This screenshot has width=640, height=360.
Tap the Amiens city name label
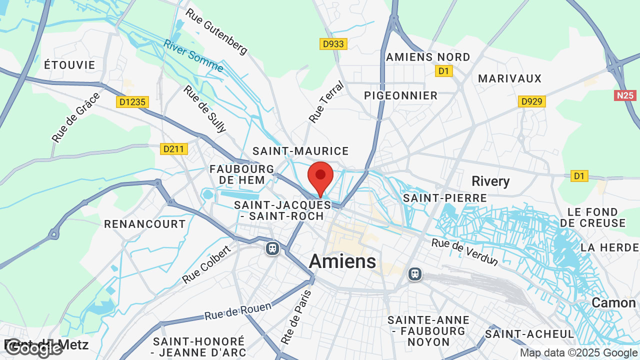tap(342, 261)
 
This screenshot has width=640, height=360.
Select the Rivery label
tap(490, 181)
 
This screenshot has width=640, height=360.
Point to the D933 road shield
tap(333, 44)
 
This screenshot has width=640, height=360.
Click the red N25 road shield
tap(625, 95)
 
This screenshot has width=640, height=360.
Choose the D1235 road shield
tap(132, 102)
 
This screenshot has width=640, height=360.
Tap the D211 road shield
tap(174, 149)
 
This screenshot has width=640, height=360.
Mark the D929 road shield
tap(531, 101)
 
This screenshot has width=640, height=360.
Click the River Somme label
tap(193, 56)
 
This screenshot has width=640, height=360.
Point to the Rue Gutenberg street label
tap(216, 31)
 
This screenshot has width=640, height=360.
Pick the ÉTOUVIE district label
tap(69, 65)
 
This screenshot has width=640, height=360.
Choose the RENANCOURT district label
tap(145, 224)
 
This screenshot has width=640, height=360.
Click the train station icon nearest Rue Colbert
tap(272, 248)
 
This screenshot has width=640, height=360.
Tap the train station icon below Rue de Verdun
tap(414, 274)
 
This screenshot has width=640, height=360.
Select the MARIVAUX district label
tap(510, 78)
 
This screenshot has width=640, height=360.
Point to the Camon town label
tap(613, 302)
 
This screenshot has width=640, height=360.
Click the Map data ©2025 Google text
tap(579, 353)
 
